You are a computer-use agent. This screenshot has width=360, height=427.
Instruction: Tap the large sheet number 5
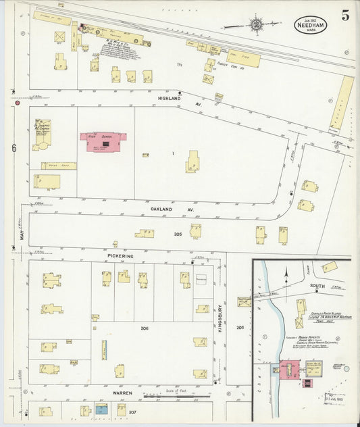tap(345, 17)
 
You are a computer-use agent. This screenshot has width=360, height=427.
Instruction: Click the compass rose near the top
tap(256, 25)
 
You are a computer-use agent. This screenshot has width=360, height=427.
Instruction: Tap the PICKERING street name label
tap(120, 257)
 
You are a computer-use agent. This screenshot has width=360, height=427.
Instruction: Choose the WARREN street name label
tap(122, 393)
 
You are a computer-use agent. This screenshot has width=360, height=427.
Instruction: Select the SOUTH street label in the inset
tap(317, 286)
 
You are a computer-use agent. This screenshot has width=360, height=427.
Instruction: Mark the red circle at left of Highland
tap(17, 103)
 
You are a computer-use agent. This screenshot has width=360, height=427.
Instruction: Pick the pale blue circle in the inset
tap(346, 368)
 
